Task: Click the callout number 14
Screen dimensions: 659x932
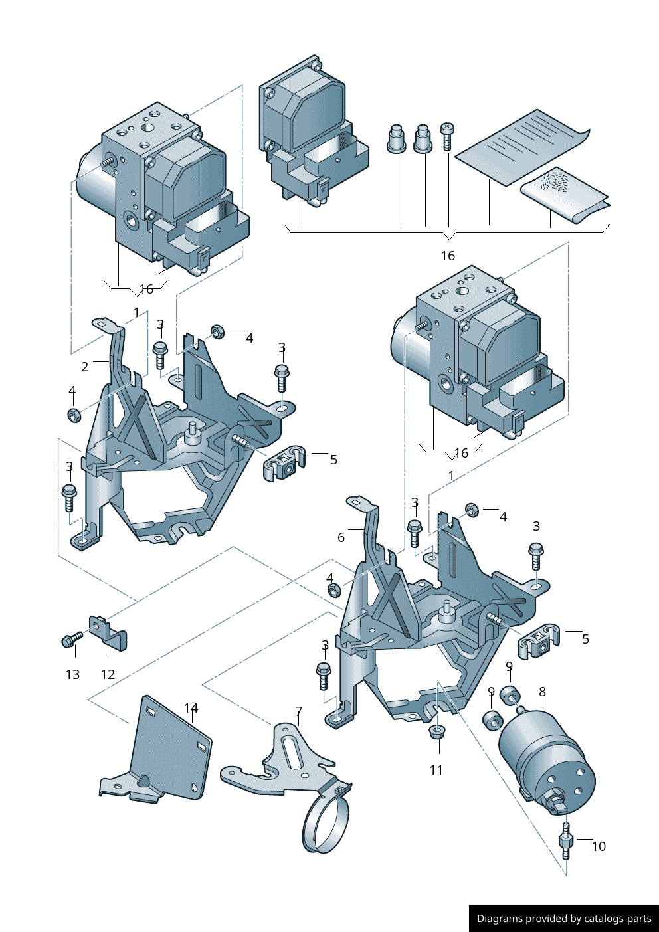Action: [x=191, y=708]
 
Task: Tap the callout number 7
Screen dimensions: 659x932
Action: [x=299, y=711]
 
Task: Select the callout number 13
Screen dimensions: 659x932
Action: [x=72, y=674]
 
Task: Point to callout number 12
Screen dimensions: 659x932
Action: [x=108, y=674]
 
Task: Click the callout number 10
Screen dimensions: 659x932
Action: [x=599, y=846]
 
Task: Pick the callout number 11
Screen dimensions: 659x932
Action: [x=436, y=770]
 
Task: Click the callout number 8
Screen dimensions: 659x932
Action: [x=543, y=692]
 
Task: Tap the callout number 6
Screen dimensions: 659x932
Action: [x=341, y=537]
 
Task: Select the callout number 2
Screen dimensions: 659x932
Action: [x=85, y=367]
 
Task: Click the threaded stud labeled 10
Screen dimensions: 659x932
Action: [x=566, y=840]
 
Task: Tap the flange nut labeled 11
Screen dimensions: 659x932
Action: [x=436, y=732]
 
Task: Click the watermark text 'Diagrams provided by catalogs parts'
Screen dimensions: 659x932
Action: [x=564, y=919]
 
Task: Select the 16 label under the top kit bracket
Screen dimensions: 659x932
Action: [x=448, y=256]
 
